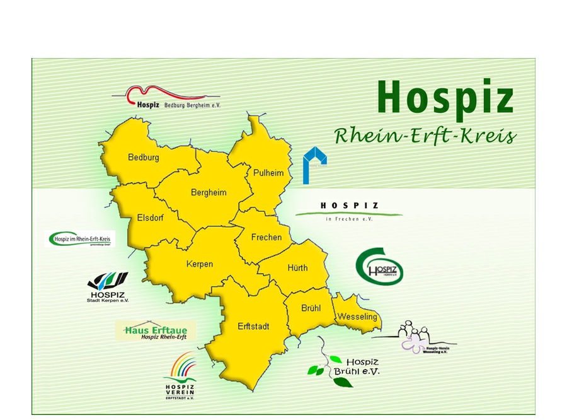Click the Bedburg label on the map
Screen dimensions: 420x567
(144, 157)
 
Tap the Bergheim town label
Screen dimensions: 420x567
(209, 192)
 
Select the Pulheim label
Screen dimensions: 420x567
(268, 172)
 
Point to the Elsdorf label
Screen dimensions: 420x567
(152, 218)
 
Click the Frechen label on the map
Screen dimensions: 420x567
(266, 237)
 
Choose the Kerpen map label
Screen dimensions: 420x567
(199, 264)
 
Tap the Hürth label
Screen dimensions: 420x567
(297, 267)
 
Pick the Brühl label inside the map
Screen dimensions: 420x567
(311, 308)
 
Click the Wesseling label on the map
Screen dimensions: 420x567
(357, 316)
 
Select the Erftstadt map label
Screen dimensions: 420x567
(254, 326)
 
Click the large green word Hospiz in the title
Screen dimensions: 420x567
(446, 98)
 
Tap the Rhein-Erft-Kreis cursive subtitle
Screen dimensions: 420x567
(425, 136)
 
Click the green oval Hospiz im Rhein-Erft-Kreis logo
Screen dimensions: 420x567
(82, 239)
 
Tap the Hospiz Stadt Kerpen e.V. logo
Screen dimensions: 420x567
(107, 288)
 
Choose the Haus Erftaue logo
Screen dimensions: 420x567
(156, 331)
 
